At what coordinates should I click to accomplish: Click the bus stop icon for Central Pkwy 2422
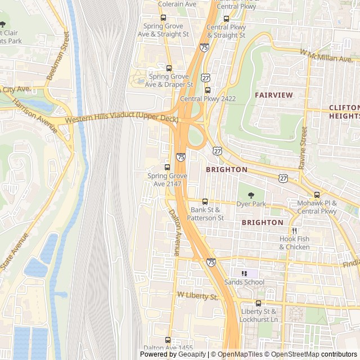click(208, 90)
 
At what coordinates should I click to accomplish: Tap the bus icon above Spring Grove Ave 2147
click(167, 167)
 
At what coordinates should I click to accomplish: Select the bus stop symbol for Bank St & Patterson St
click(205, 201)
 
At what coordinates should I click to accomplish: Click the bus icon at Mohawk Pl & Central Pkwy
click(317, 195)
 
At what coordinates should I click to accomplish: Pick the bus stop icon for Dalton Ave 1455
click(168, 340)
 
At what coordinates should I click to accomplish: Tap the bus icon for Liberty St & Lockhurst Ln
click(258, 303)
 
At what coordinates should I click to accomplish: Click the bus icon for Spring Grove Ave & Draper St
click(169, 68)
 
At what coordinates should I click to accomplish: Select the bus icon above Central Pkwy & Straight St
click(226, 19)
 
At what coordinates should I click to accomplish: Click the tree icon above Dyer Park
click(250, 195)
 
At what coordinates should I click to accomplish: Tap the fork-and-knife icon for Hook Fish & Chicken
click(294, 231)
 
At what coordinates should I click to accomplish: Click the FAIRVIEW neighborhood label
click(273, 95)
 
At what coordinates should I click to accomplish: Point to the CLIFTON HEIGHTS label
click(344, 111)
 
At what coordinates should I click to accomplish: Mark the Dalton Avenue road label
click(174, 233)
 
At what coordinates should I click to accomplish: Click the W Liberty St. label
click(197, 295)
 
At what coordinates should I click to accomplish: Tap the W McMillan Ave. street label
click(326, 56)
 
